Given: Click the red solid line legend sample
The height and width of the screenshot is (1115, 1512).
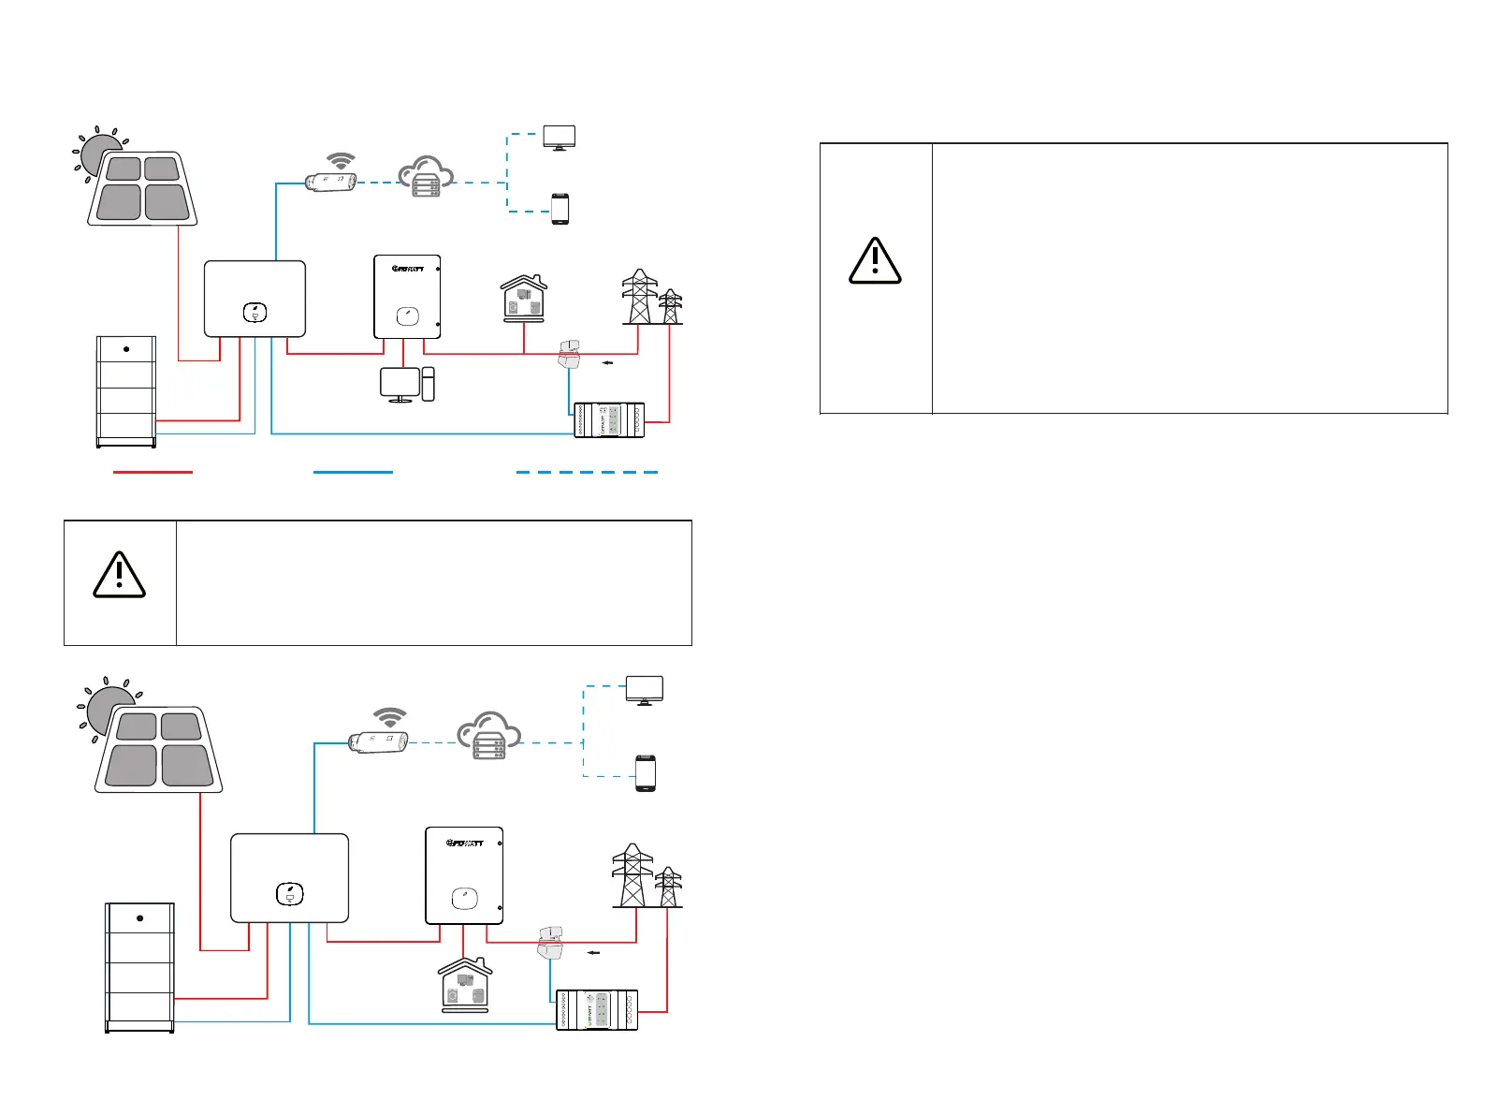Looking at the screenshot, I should click(153, 472).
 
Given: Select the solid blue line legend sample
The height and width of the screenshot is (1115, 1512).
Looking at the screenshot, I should click(353, 472).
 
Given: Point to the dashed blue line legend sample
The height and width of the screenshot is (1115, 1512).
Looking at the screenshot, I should click(587, 472).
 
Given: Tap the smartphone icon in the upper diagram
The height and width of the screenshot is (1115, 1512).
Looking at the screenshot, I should click(560, 209).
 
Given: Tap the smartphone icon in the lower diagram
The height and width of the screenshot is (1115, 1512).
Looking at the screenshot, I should click(646, 773).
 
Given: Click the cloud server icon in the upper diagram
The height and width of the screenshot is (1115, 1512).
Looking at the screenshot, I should click(426, 177).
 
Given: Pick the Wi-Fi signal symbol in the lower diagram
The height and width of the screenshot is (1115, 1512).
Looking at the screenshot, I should click(389, 718).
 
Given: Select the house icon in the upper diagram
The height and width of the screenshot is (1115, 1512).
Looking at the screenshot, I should click(524, 299).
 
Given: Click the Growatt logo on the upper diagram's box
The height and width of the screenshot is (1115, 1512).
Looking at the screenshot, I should click(408, 268).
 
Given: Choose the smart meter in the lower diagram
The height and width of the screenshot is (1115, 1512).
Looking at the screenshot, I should click(597, 1009).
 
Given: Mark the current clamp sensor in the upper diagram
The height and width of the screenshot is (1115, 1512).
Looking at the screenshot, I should click(567, 354).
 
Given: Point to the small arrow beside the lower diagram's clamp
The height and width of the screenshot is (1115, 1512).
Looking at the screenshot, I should click(591, 951).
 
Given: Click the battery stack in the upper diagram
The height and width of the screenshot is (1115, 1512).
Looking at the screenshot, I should click(126, 390).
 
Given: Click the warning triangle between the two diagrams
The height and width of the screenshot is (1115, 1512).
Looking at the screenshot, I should click(120, 575).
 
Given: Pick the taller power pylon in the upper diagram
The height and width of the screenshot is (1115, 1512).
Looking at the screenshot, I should click(639, 297).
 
